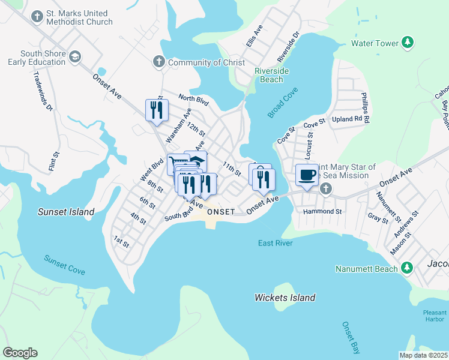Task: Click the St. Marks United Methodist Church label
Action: [x=80, y=17]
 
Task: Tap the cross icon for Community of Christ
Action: [x=158, y=62]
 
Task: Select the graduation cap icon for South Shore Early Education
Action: [x=75, y=57]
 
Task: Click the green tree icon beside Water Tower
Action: [x=408, y=43]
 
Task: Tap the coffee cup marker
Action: [x=307, y=175]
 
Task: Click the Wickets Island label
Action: [x=285, y=298]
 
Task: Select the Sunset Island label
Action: [x=66, y=212]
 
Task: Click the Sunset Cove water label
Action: [x=64, y=265]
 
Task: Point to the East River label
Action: [x=276, y=243]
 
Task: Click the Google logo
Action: [x=20, y=352]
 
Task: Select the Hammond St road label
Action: [x=322, y=211]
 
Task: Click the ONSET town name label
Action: [x=221, y=212]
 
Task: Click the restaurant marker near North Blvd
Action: [x=156, y=110]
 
